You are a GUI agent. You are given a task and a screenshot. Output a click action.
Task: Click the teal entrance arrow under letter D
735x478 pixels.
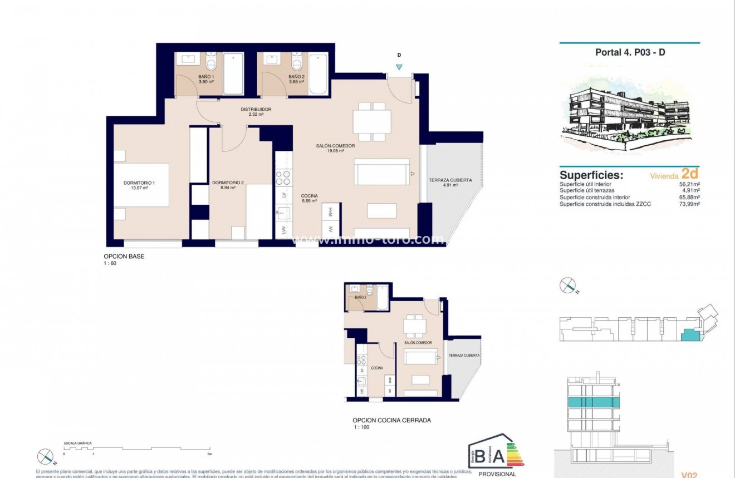click(x=399, y=67)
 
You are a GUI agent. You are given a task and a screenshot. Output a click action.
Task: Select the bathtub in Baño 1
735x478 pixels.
click(x=233, y=74)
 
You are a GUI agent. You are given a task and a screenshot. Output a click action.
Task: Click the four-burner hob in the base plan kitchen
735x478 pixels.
click(x=283, y=178)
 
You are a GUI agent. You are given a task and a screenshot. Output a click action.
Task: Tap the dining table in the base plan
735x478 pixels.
click(x=372, y=122)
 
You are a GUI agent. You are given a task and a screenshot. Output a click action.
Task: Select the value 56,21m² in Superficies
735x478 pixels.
click(x=688, y=184)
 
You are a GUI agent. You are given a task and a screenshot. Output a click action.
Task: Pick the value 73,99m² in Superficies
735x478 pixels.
click(x=688, y=204)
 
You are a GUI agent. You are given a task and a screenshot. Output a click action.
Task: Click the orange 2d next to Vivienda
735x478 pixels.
click(x=689, y=174)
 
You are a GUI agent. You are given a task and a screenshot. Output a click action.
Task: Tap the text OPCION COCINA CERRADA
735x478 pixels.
click(x=392, y=421)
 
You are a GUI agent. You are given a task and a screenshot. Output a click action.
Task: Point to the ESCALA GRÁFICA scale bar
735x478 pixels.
click(x=136, y=448)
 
